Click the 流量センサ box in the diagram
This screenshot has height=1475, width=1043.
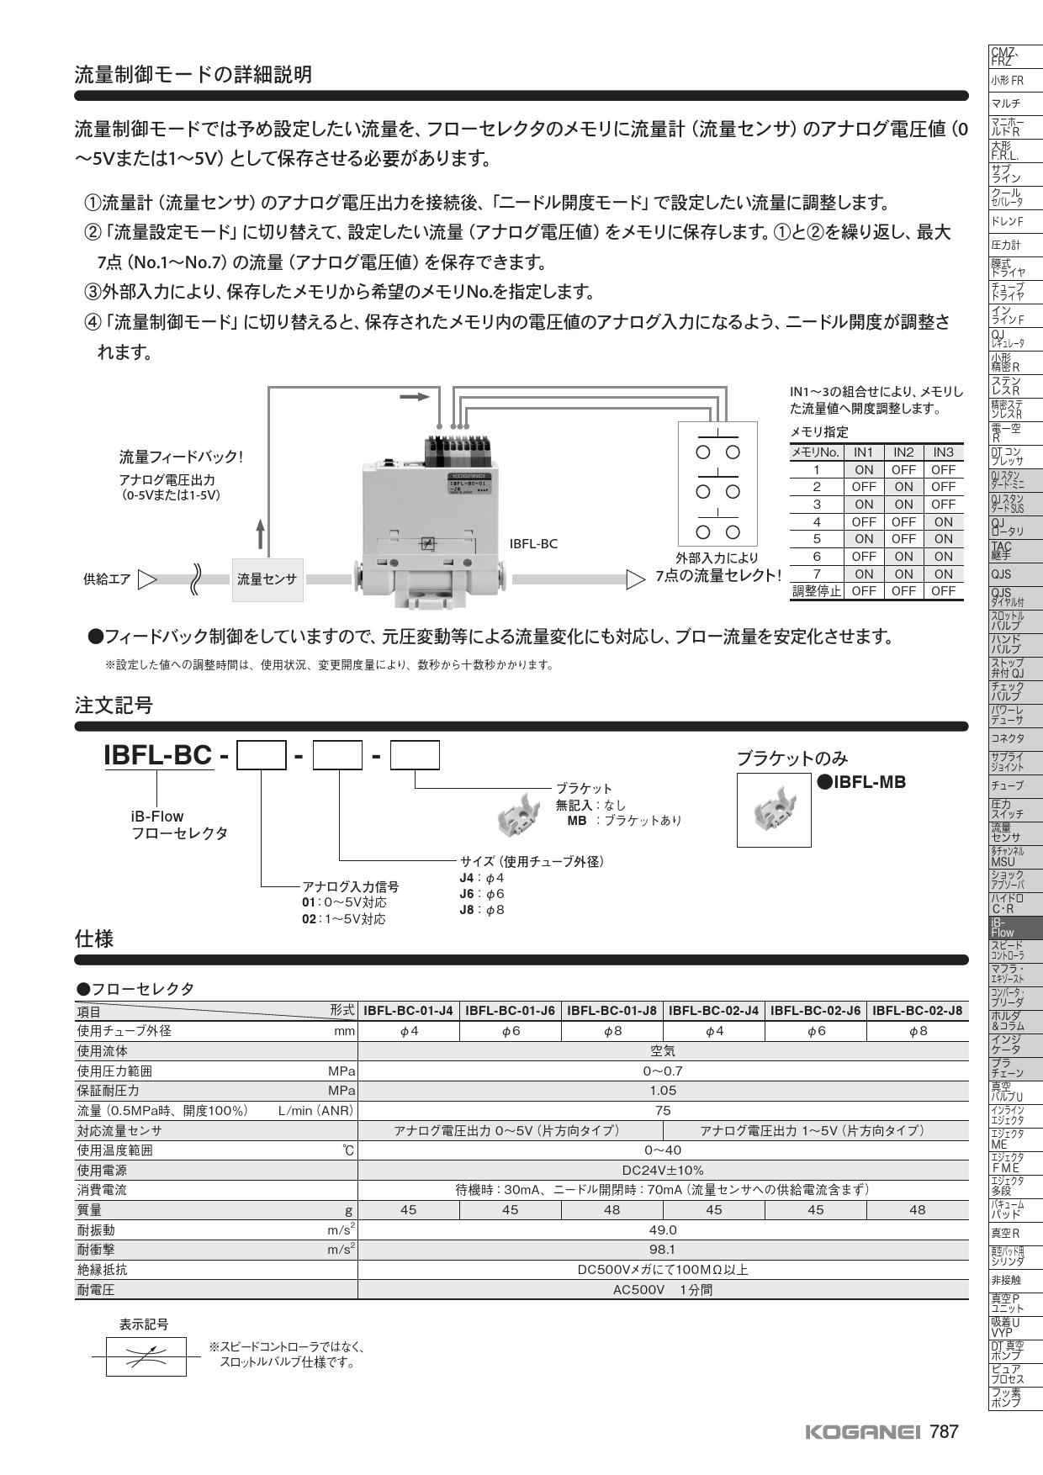pyautogui.click(x=267, y=579)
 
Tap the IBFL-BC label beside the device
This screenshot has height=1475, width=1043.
pyautogui.click(x=533, y=544)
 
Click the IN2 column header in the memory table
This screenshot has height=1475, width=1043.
pyautogui.click(x=903, y=452)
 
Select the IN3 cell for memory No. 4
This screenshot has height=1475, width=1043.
pyautogui.click(x=943, y=522)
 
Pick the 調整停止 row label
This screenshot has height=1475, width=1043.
pyautogui.click(x=816, y=591)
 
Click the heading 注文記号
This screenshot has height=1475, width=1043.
pyautogui.click(x=114, y=706)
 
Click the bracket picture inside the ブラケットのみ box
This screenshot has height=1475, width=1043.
pyautogui.click(x=774, y=810)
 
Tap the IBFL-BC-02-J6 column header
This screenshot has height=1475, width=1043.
pyautogui.click(x=815, y=1011)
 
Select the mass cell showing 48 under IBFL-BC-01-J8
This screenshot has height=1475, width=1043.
pyautogui.click(x=612, y=1210)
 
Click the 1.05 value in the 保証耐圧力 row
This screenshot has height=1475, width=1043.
pyautogui.click(x=662, y=1091)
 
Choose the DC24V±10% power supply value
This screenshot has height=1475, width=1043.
pyautogui.click(x=662, y=1171)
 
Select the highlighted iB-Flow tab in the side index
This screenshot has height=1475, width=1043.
pyautogui.click(x=1015, y=928)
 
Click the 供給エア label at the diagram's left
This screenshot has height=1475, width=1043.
pyautogui.click(x=107, y=579)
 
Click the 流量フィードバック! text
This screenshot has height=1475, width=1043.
pyautogui.click(x=180, y=457)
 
